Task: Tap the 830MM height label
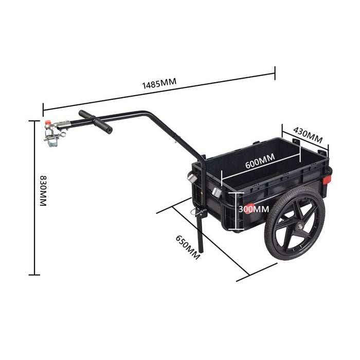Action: [42, 191]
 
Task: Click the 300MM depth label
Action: [254, 209]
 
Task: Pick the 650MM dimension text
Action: [188, 247]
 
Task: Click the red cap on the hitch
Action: [47, 123]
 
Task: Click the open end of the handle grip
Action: [109, 129]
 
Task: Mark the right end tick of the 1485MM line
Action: [275, 73]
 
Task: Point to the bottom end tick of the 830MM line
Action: [34, 275]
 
